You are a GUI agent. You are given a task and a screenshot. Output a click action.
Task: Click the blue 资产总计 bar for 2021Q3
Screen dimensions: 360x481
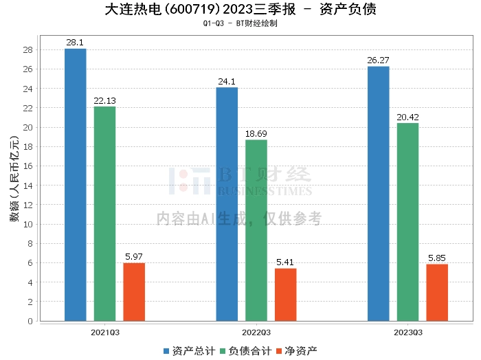click(75, 185)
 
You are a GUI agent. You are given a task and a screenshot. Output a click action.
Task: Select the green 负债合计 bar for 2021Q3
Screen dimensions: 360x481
click(104, 214)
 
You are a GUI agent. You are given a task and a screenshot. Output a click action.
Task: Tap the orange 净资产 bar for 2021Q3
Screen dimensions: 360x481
click(134, 292)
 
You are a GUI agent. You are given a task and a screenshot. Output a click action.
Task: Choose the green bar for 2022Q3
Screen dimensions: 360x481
click(256, 230)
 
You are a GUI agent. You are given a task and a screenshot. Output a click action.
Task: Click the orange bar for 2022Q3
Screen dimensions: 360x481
click(286, 295)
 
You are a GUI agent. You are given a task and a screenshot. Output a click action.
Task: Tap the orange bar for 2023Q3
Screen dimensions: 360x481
click(437, 293)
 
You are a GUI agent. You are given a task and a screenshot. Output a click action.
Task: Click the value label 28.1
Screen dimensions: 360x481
click(75, 43)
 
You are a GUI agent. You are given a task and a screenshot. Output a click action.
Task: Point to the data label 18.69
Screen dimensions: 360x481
click(256, 134)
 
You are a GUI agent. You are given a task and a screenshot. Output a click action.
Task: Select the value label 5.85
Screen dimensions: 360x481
click(437, 258)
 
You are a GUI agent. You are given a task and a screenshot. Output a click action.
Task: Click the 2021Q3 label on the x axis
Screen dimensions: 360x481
click(104, 332)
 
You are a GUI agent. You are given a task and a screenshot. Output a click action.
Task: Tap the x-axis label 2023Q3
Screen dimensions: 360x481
click(407, 332)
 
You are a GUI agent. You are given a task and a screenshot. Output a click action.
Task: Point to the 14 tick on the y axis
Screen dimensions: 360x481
click(28, 185)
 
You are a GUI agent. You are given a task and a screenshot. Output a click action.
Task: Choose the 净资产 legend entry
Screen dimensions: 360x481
click(297, 351)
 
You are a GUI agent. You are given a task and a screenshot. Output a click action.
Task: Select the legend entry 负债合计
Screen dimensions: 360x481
click(245, 351)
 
